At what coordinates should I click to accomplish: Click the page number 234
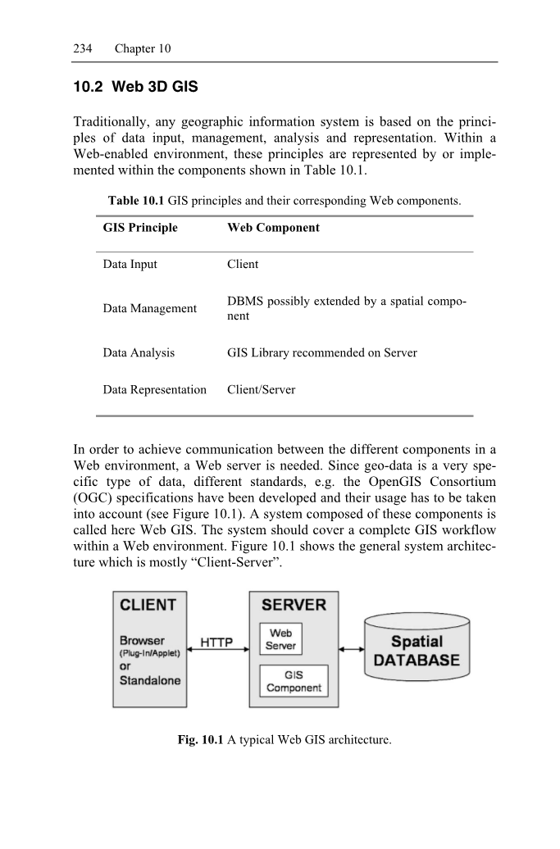pyautogui.click(x=72, y=48)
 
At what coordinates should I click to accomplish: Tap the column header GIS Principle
pyautogui.click(x=140, y=227)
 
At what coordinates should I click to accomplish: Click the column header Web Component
pyautogui.click(x=273, y=227)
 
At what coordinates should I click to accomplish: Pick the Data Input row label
pyautogui.click(x=130, y=264)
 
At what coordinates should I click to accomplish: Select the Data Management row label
pyautogui.click(x=150, y=308)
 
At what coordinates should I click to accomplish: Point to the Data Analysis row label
pyautogui.click(x=139, y=353)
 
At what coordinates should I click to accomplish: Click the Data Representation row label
pyautogui.click(x=155, y=390)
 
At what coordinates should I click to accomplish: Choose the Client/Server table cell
pyautogui.click(x=261, y=390)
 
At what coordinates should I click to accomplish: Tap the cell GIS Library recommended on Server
pyautogui.click(x=322, y=353)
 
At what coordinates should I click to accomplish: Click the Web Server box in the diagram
pyautogui.click(x=280, y=639)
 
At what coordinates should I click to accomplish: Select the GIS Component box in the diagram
pyautogui.click(x=294, y=681)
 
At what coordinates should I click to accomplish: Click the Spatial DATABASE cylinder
pyautogui.click(x=417, y=651)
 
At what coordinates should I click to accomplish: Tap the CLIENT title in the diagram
pyautogui.click(x=148, y=606)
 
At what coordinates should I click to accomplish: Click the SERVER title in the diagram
pyautogui.click(x=294, y=606)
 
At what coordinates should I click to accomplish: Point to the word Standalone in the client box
pyautogui.click(x=150, y=680)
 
